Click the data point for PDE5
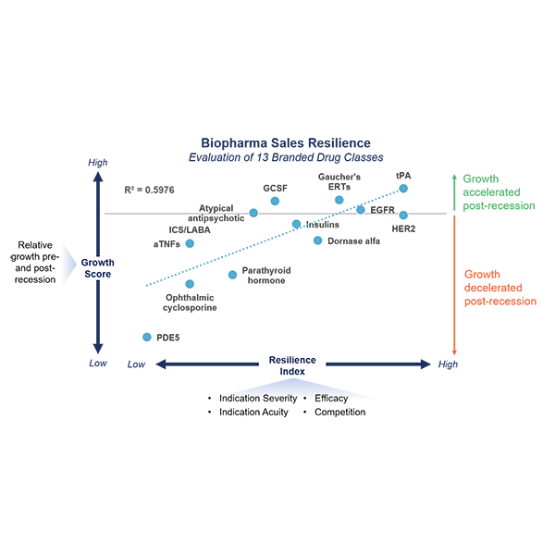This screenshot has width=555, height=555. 146,338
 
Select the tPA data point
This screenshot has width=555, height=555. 403,188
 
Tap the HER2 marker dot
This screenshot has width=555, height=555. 403,216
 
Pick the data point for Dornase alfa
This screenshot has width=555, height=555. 317,240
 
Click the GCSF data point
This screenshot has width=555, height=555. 275,201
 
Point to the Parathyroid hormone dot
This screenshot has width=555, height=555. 232,275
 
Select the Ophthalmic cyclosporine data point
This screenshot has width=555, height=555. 190,284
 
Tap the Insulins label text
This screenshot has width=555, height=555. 321,225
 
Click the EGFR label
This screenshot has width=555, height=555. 382,210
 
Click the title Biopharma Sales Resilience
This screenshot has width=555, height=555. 285,143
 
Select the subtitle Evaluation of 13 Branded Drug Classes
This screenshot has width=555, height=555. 285,157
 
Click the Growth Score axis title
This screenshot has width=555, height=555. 97,268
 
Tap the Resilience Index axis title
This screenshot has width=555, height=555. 292,365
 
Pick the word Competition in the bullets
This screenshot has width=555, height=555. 339,412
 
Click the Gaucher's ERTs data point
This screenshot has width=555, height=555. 339,200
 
